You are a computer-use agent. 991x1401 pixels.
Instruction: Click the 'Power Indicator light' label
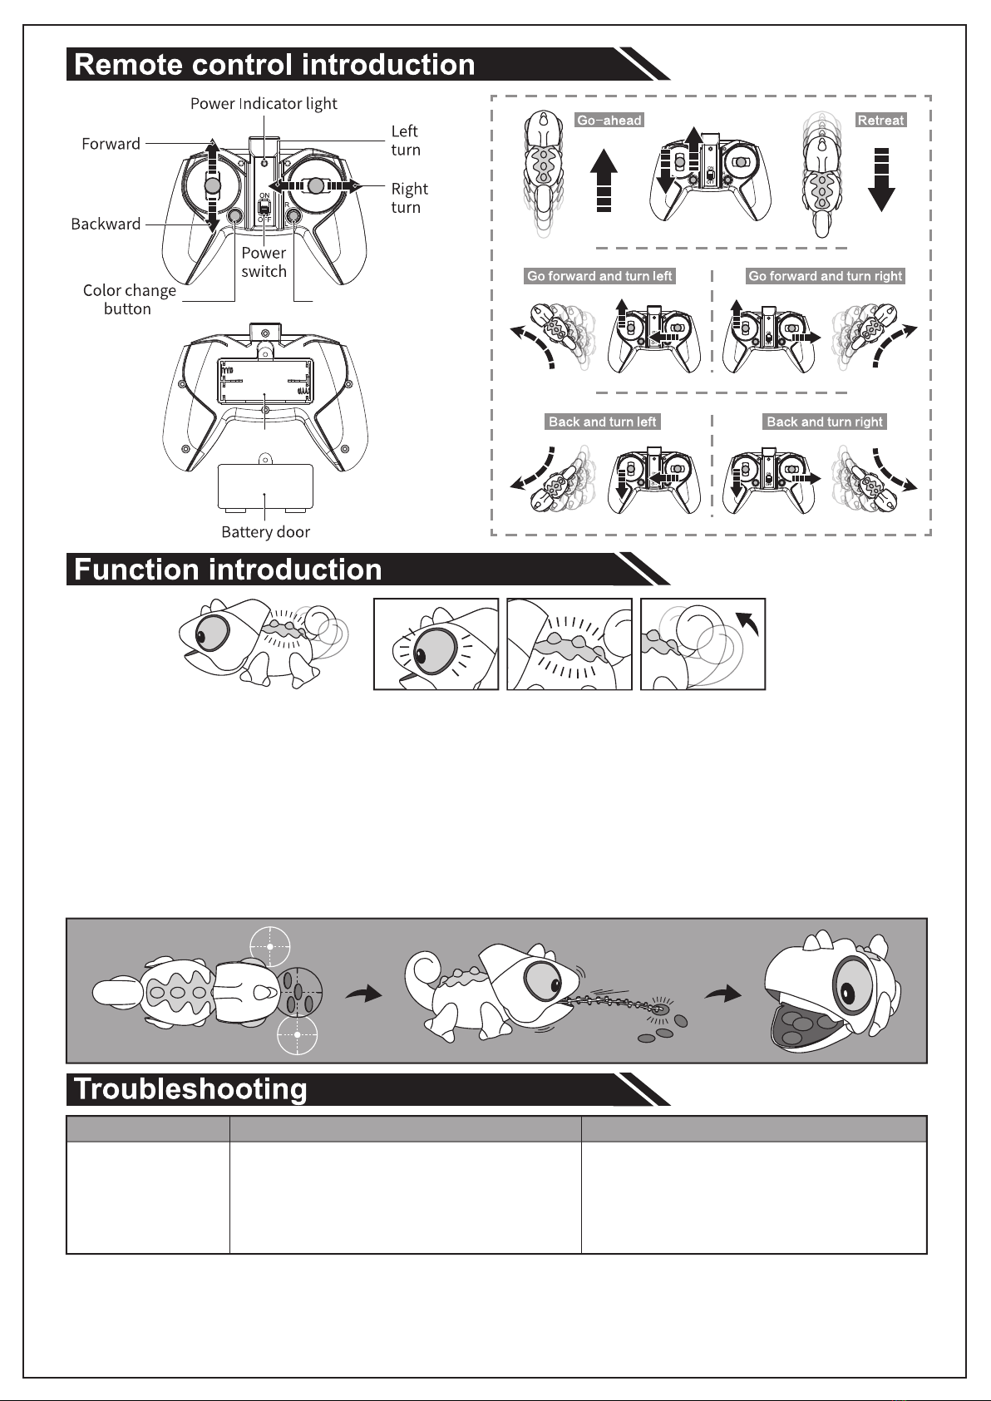264,104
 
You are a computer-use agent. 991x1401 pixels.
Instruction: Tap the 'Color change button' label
129,299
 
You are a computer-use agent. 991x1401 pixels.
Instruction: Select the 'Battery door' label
266,532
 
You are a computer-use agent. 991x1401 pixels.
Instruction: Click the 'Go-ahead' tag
609,120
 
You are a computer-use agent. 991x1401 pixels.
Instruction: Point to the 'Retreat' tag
880,120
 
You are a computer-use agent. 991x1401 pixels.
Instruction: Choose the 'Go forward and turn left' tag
599,276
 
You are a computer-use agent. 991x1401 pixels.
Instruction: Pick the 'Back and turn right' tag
825,422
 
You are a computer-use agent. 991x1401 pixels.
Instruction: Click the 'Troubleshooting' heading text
190,1089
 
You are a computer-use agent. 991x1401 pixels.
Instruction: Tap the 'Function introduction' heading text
228,570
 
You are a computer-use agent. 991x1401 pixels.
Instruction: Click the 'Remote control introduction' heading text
274,64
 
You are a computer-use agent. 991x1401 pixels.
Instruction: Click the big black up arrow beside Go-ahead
604,180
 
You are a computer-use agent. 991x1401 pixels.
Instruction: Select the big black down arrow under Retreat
881,180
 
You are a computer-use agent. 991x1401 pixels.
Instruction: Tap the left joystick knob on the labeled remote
213,185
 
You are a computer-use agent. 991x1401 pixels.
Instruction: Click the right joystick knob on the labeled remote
316,185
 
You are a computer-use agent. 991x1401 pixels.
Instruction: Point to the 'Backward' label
106,224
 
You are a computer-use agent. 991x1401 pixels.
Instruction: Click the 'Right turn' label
410,198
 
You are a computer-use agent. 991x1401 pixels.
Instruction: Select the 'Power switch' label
264,262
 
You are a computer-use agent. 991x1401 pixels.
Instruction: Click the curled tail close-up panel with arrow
703,644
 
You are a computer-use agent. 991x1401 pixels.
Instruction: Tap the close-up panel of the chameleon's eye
436,644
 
